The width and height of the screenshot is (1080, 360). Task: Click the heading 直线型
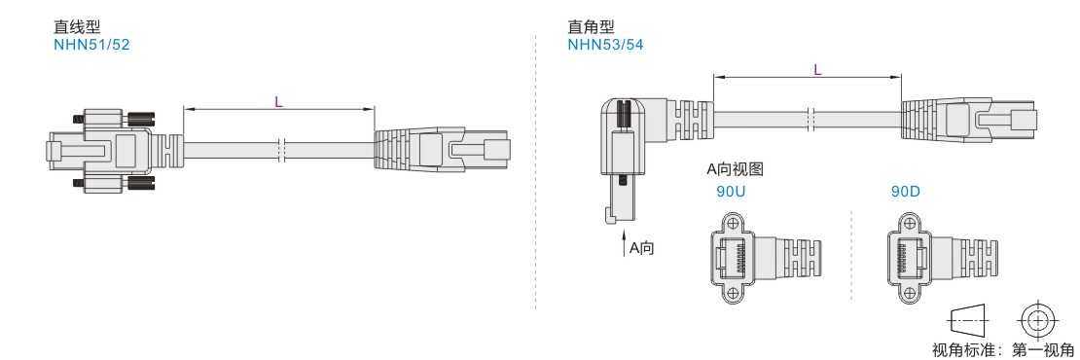(77, 27)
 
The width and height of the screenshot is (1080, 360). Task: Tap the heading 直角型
(591, 27)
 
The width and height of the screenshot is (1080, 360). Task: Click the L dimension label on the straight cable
(279, 102)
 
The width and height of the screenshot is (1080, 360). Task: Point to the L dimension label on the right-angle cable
(817, 69)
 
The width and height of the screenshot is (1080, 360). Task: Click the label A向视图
(735, 168)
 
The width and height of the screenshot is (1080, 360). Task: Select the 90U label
(731, 192)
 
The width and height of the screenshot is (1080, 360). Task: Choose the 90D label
(906, 192)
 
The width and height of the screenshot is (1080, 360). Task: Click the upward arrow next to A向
(622, 243)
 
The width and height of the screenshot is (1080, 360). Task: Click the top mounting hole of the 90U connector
(732, 223)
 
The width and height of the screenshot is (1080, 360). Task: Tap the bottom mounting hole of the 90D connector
(907, 294)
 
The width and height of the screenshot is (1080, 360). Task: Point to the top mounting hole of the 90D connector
(907, 223)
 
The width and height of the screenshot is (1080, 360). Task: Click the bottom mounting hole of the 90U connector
(732, 294)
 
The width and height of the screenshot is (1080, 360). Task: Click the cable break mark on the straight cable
(281, 150)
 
